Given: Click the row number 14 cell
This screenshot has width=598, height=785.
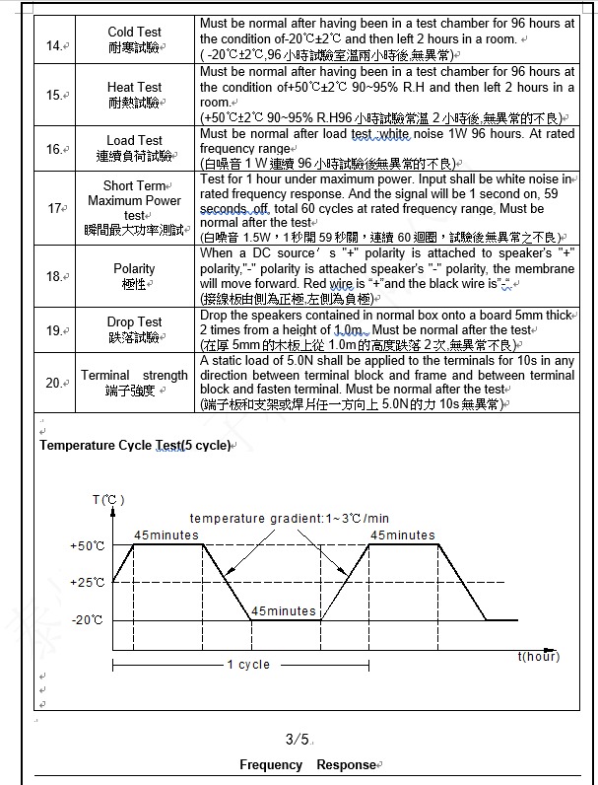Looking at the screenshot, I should pyautogui.click(x=54, y=45).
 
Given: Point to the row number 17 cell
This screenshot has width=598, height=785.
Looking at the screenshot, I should pyautogui.click(x=55, y=208).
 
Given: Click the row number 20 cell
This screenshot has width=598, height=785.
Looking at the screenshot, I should pyautogui.click(x=54, y=384).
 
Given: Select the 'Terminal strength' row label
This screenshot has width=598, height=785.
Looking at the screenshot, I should pyautogui.click(x=134, y=376).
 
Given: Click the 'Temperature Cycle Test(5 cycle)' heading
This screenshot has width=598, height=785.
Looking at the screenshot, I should pyautogui.click(x=134, y=446).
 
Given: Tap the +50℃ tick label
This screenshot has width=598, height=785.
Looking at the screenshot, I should pyautogui.click(x=88, y=545).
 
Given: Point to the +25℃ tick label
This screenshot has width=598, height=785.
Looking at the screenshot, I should pyautogui.click(x=88, y=583).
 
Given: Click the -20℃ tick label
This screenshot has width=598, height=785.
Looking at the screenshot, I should pyautogui.click(x=87, y=620).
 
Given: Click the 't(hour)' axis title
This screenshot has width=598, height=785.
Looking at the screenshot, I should pyautogui.click(x=538, y=656).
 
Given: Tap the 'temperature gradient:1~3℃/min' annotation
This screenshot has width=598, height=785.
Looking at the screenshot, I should pyautogui.click(x=289, y=519).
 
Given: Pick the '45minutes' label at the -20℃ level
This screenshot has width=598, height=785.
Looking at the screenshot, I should pyautogui.click(x=284, y=611).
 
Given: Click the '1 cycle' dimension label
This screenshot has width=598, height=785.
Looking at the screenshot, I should pyautogui.click(x=248, y=665).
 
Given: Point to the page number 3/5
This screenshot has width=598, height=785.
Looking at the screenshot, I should pyautogui.click(x=298, y=739).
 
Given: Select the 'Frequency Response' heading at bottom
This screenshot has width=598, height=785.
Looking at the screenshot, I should pyautogui.click(x=307, y=764).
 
